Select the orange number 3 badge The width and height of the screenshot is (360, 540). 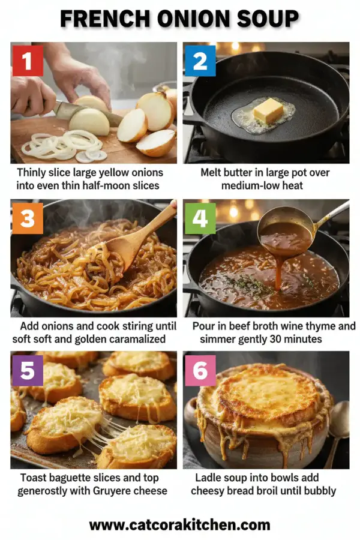(x=26, y=218)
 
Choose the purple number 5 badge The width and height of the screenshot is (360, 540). (x=26, y=370)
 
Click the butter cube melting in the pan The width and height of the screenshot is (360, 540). (x=268, y=111)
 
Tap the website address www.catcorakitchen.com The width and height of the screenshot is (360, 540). (x=180, y=525)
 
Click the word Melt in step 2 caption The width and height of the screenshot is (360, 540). (x=213, y=173)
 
